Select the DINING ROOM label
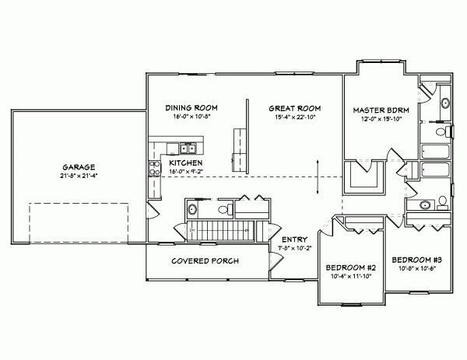click(x=191, y=107)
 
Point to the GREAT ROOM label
click(x=295, y=107)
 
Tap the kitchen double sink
click(x=188, y=147)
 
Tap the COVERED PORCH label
click(x=205, y=260)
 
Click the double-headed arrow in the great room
click(x=318, y=178)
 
